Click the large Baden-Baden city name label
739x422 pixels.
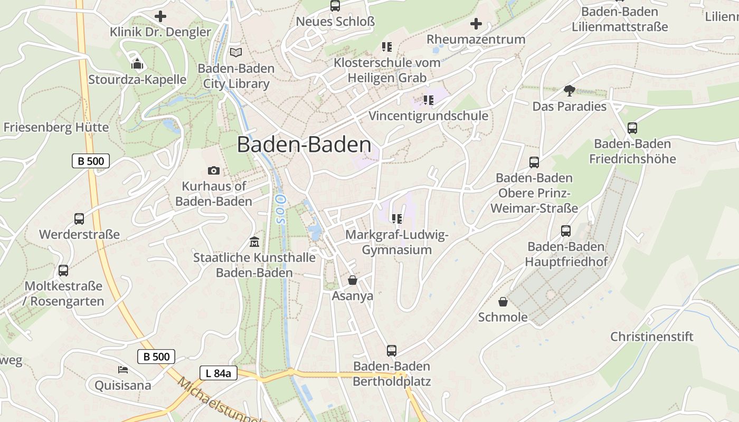pos(304,145)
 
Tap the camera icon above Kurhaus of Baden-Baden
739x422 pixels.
pos(214,170)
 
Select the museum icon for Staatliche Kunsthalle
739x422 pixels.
pos(254,242)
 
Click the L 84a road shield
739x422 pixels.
pos(218,373)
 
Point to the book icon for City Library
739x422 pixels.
pos(236,52)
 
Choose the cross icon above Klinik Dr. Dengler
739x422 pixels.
pos(160,16)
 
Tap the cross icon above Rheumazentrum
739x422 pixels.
pos(476,24)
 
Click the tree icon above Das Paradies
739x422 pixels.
pos(569,91)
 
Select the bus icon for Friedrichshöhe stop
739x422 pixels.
pos(632,128)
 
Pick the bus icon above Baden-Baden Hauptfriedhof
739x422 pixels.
pos(566,231)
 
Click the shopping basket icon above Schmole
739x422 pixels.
pos(503,302)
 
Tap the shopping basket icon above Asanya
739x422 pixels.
pos(352,280)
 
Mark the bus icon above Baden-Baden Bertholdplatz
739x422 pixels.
pos(392,350)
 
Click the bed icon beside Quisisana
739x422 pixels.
pos(123,369)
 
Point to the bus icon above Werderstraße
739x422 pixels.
pos(79,218)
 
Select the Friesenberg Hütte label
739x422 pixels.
pos(56,127)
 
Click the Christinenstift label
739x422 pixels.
pos(652,337)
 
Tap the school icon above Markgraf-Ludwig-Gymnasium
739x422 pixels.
pos(397,218)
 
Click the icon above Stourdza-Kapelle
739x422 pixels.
pos(137,64)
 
